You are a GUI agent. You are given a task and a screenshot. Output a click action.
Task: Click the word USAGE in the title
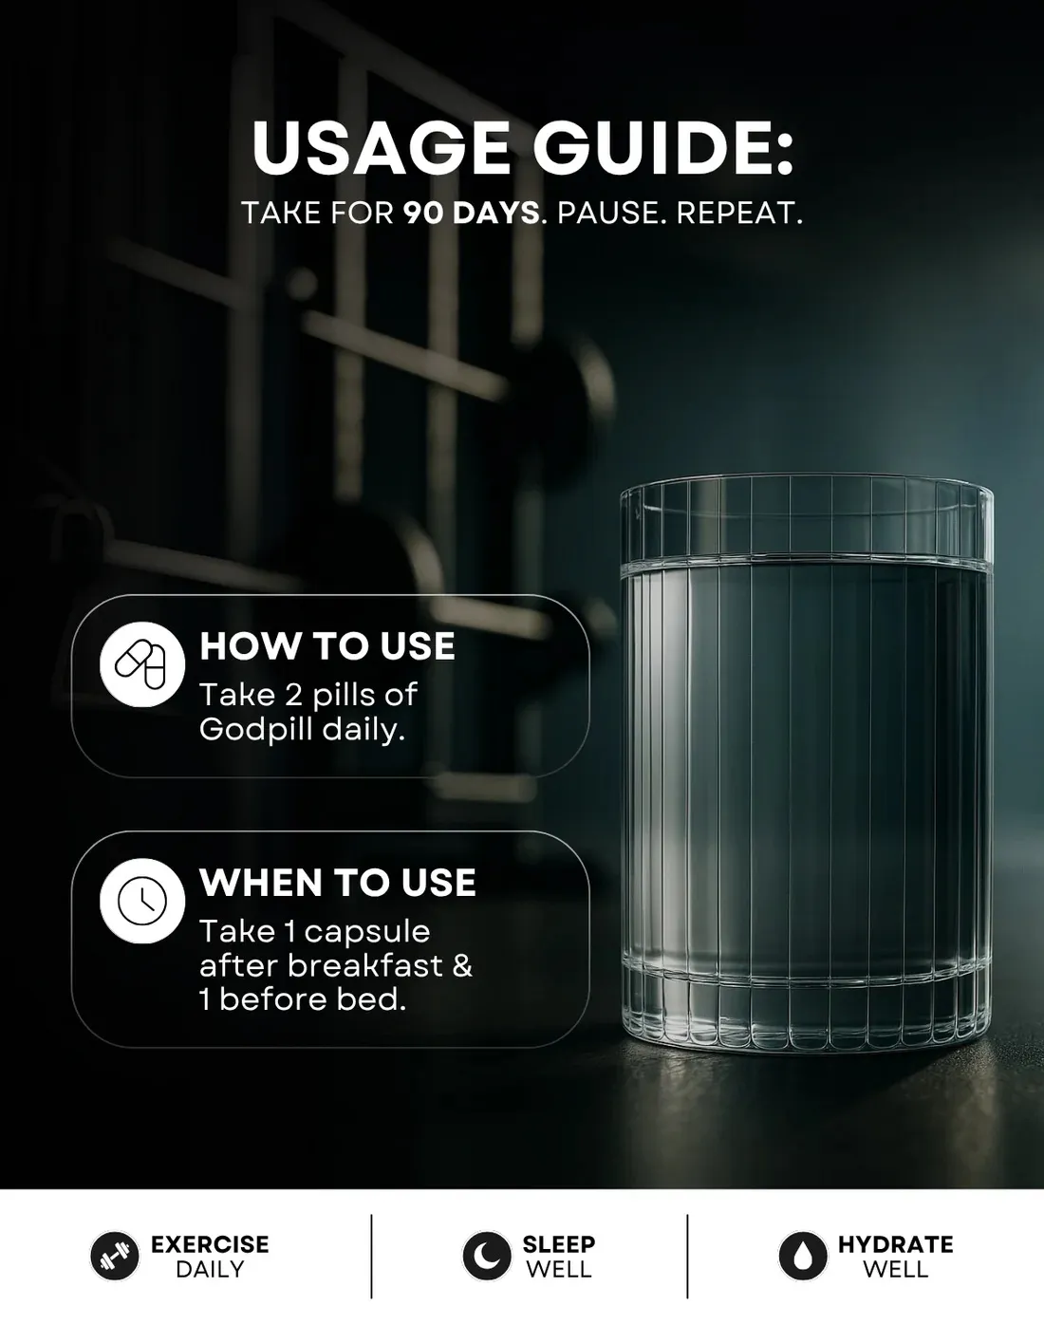click(381, 148)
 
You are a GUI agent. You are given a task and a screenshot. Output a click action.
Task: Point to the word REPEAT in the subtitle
click(738, 214)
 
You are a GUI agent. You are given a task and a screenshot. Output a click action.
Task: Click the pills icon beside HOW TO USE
click(142, 663)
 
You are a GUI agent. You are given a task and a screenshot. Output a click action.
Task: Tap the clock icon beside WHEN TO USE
click(142, 901)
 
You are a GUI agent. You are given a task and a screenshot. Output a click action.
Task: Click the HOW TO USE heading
click(327, 646)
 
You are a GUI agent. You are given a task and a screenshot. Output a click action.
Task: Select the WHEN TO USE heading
click(338, 883)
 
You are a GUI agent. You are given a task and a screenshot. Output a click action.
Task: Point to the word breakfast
click(365, 965)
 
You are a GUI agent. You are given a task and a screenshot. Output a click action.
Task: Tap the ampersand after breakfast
click(462, 966)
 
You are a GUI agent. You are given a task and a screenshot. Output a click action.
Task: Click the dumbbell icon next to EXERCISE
click(115, 1256)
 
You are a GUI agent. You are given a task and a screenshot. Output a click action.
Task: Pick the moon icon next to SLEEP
click(487, 1256)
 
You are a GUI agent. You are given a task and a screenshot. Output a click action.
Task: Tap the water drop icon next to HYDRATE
click(803, 1256)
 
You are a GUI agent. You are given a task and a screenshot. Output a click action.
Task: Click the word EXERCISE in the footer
click(210, 1244)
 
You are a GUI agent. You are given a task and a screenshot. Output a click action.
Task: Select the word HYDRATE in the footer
click(895, 1244)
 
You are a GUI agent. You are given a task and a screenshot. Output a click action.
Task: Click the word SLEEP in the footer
click(559, 1244)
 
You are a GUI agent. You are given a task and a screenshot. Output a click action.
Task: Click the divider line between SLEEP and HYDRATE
click(687, 1257)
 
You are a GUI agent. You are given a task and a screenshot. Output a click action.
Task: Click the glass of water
click(807, 763)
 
